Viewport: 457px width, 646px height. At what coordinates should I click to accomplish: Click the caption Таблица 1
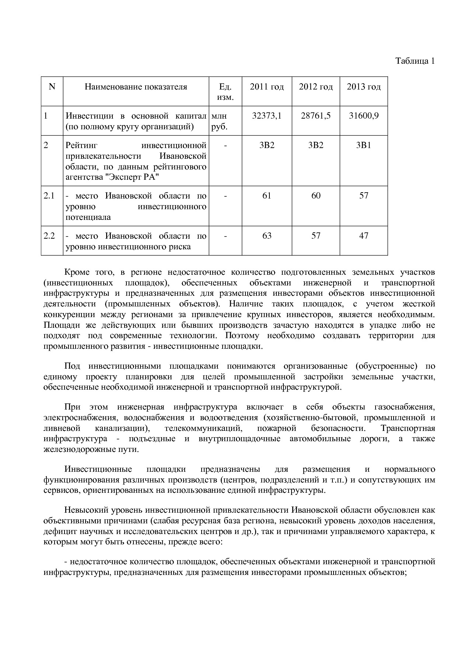pyautogui.click(x=415, y=61)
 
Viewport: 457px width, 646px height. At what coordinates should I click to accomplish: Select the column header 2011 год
pyautogui.click(x=267, y=87)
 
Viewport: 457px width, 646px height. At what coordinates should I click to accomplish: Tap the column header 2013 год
pyautogui.click(x=364, y=87)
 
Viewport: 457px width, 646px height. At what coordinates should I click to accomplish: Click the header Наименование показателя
pyautogui.click(x=136, y=87)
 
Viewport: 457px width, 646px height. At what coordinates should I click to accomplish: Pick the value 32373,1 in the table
pyautogui.click(x=267, y=116)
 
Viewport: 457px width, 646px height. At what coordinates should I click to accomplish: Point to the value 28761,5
pyautogui.click(x=316, y=116)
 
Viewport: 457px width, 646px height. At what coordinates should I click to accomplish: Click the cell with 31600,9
pyautogui.click(x=364, y=116)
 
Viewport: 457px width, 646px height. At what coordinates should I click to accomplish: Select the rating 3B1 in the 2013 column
pyautogui.click(x=364, y=145)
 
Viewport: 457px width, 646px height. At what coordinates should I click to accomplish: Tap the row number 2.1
pyautogui.click(x=49, y=196)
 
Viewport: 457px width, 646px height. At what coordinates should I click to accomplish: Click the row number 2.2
pyautogui.click(x=49, y=236)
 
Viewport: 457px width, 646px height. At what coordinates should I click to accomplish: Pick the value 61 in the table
pyautogui.click(x=267, y=196)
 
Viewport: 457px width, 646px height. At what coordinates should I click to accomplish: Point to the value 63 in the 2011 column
pyautogui.click(x=267, y=236)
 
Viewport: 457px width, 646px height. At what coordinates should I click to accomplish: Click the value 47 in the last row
pyautogui.click(x=364, y=236)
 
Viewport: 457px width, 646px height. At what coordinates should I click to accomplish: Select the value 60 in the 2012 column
pyautogui.click(x=316, y=196)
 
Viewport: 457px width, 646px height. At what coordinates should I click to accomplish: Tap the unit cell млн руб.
pyautogui.click(x=219, y=122)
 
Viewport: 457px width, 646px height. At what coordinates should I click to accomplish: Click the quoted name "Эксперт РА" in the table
pyautogui.click(x=132, y=178)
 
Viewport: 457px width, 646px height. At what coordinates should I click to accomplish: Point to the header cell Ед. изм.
pyautogui.click(x=225, y=92)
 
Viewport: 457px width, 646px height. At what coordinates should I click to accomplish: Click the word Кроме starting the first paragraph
pyautogui.click(x=77, y=272)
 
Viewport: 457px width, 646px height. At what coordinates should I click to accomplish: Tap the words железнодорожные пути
pyautogui.click(x=91, y=450)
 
